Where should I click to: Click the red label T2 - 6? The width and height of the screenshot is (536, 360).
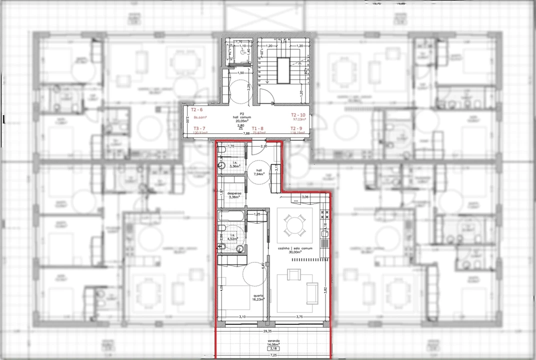pos(197,109)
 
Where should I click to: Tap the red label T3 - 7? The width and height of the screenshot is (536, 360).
pos(199,128)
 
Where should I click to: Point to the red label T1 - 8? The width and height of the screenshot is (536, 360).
pos(257,128)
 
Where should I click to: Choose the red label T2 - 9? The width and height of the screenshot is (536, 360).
pos(296,128)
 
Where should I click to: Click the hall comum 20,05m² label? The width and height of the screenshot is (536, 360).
pos(241,117)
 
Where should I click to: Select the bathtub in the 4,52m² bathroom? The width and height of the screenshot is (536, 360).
pos(231,217)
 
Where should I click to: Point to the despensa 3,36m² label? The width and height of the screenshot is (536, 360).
pos(234,195)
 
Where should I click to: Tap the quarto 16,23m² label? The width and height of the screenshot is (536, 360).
pos(257,297)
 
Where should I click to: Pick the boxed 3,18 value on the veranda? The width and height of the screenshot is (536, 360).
pos(273,348)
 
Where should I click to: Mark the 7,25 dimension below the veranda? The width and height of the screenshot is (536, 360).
pos(273,355)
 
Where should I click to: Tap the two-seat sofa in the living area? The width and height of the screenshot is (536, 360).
pos(312,293)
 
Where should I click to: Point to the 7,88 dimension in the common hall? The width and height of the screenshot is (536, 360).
pos(246,134)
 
